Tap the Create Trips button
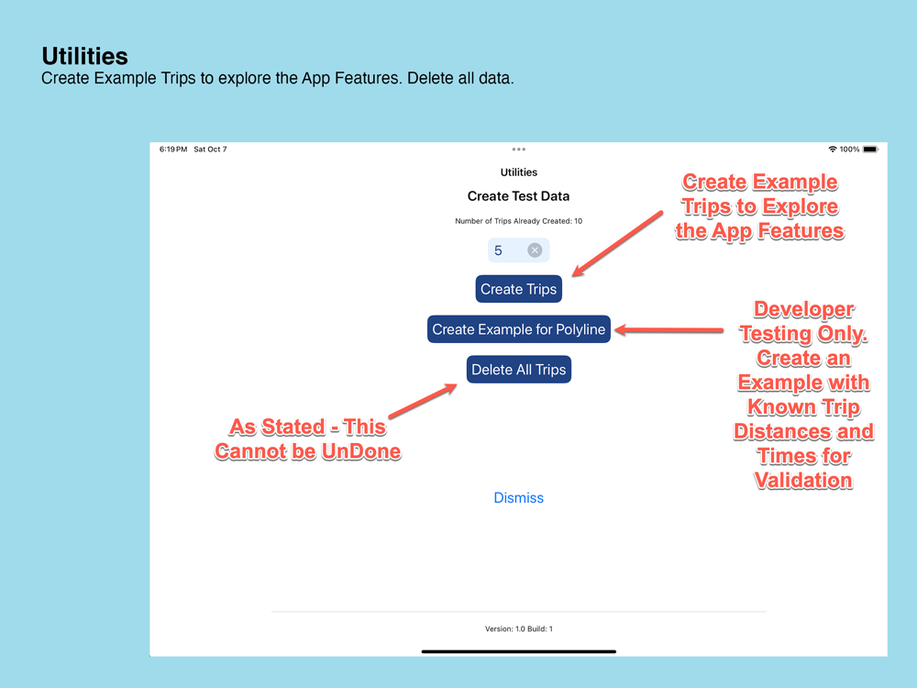pos(519,289)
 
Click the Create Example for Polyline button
pos(519,329)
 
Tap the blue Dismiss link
pos(519,498)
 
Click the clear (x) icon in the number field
pos(535,250)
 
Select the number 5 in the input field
pos(498,250)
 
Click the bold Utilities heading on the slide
pos(84,56)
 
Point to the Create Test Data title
pos(519,196)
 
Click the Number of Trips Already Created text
pos(519,221)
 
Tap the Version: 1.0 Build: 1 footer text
pos(519,629)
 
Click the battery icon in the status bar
pos(871,150)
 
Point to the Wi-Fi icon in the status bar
pos(833,150)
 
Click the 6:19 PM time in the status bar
pos(173,150)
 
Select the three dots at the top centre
pos(519,150)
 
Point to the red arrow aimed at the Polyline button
pos(669,330)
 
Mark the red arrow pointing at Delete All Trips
pos(422,400)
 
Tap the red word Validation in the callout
pos(803,481)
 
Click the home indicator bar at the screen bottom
pos(519,651)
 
